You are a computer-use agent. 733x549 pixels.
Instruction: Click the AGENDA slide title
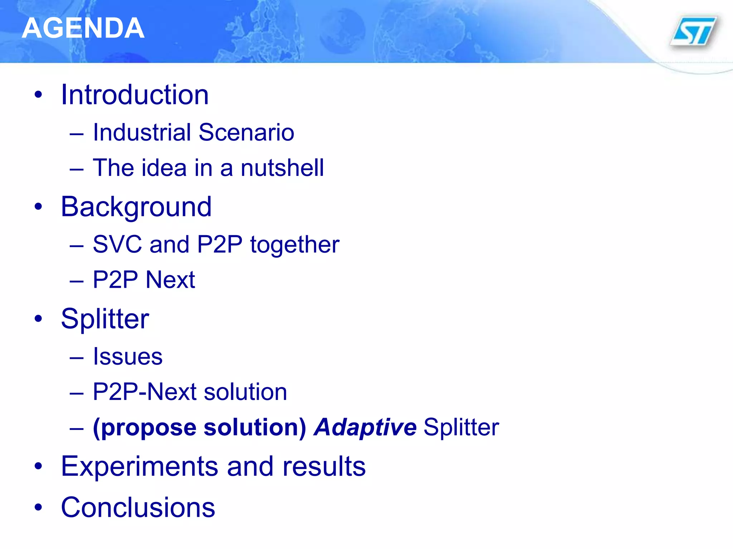[83, 28]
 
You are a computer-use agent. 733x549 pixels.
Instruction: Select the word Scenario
[246, 133]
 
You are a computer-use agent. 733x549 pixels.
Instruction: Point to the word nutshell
[282, 168]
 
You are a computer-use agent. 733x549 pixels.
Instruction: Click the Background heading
[136, 207]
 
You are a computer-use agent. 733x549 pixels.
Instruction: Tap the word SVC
[117, 245]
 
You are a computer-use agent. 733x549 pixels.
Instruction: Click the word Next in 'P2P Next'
[170, 280]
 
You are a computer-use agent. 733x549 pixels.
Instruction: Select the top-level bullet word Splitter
[105, 319]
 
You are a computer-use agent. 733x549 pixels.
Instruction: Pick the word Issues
[128, 357]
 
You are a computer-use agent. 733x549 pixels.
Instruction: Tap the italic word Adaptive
[365, 427]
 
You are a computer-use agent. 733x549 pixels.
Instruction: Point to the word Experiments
[140, 467]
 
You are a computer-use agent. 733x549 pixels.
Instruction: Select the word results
[324, 467]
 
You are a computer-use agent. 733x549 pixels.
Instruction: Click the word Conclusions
[138, 508]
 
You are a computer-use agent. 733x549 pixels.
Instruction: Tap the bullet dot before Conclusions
[38, 507]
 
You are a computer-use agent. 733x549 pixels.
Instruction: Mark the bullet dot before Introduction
[38, 95]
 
